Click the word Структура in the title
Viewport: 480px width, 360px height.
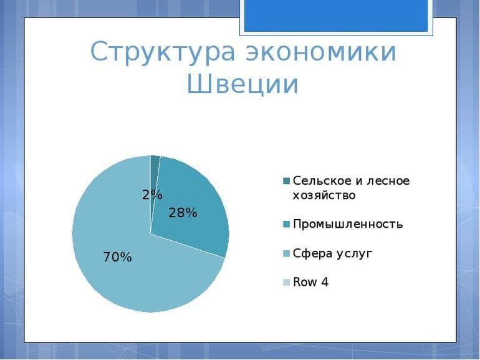tap(163, 52)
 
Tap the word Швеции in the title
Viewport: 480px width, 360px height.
tap(242, 85)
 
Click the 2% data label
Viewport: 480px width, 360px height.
tap(151, 195)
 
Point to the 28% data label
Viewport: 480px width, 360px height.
tap(183, 213)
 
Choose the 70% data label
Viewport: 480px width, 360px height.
tap(117, 257)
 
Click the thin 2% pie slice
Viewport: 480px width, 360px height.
tap(154, 172)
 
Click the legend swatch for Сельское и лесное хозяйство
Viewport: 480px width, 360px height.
tap(286, 181)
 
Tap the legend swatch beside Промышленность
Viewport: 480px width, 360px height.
tap(286, 225)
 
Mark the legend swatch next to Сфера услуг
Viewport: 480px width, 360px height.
tap(286, 253)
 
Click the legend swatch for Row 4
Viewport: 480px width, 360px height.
tap(286, 283)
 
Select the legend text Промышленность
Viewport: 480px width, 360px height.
tap(348, 224)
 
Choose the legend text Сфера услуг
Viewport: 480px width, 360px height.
tap(332, 253)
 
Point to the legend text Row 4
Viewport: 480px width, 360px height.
tap(310, 282)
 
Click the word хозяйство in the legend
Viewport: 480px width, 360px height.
tap(324, 195)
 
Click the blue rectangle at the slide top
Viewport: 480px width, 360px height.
tap(336, 16)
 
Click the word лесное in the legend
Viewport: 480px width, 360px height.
tap(389, 181)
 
